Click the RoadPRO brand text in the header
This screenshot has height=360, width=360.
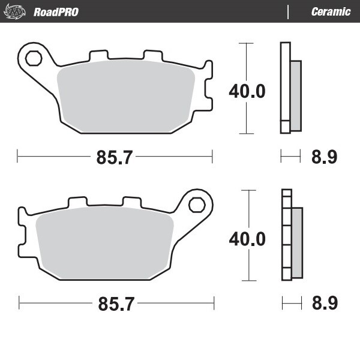click(56, 11)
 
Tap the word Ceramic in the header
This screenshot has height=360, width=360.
click(331, 11)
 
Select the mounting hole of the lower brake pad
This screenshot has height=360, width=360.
click(196, 204)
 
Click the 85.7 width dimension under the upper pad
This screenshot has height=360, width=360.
click(115, 158)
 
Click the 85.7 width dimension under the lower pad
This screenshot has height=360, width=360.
click(115, 304)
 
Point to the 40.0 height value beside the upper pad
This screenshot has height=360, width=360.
click(247, 91)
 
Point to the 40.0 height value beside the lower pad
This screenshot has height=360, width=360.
click(247, 238)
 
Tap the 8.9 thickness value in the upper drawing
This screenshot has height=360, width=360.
click(324, 158)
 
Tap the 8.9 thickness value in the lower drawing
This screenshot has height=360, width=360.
click(324, 304)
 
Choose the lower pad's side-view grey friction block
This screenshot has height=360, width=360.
click(297, 243)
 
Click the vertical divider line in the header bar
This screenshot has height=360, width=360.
click(289, 11)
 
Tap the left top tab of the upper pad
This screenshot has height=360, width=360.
click(97, 56)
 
